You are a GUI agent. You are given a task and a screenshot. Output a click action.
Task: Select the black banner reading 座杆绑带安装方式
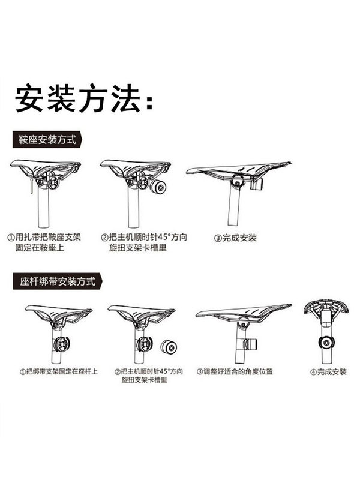coord(57,281)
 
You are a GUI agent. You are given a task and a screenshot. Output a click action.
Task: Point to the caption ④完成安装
coord(328,372)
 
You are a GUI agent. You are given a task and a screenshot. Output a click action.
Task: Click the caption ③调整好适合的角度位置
coord(235,372)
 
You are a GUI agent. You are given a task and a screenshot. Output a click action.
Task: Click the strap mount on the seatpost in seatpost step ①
coord(61,346)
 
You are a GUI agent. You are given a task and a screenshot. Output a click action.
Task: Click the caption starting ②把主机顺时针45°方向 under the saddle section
coord(143,242)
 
